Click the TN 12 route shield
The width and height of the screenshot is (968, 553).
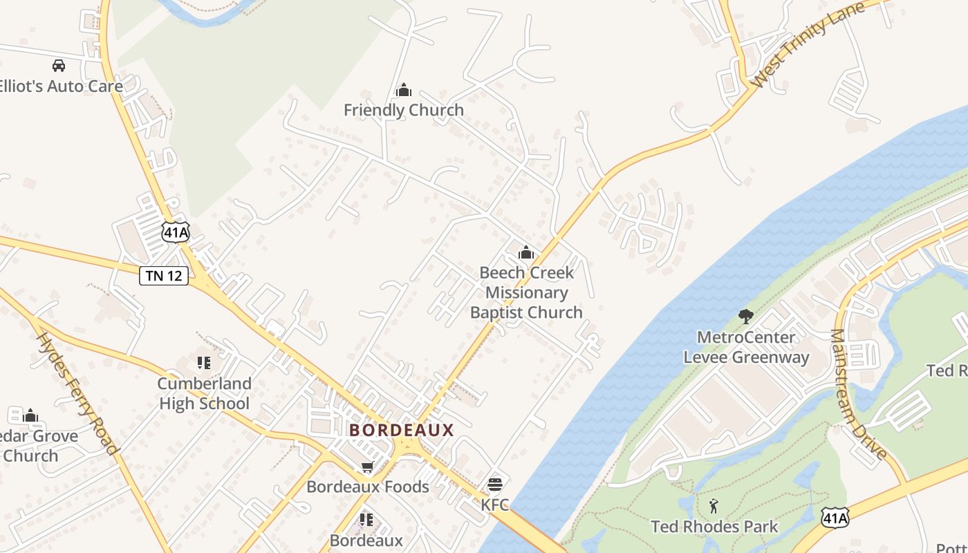pos(164,275)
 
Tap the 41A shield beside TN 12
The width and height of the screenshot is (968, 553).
pos(176,232)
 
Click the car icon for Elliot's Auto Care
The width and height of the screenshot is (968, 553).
pos(59,66)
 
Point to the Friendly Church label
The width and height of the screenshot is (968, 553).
pos(404,110)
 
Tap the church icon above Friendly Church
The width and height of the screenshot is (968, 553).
pos(404,90)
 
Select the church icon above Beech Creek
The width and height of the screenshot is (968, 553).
pos(526,252)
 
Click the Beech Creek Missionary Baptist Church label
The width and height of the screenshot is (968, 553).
pos(527,292)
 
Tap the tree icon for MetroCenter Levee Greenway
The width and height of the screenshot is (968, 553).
pos(745,317)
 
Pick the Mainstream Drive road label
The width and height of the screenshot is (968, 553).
pos(857,394)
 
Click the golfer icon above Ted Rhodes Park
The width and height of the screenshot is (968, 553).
pos(714,506)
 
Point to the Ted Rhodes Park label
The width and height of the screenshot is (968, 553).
pos(714,527)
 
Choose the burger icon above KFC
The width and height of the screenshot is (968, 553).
pos(494,484)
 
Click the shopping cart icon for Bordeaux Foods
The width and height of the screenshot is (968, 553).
pos(367,467)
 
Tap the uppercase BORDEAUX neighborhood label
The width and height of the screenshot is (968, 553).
pos(402,430)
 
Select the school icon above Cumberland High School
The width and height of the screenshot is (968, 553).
pos(203,363)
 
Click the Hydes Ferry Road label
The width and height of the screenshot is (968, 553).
pos(77,393)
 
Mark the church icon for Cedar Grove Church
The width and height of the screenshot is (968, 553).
pos(30,415)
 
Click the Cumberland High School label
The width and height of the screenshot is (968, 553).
pos(204,393)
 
